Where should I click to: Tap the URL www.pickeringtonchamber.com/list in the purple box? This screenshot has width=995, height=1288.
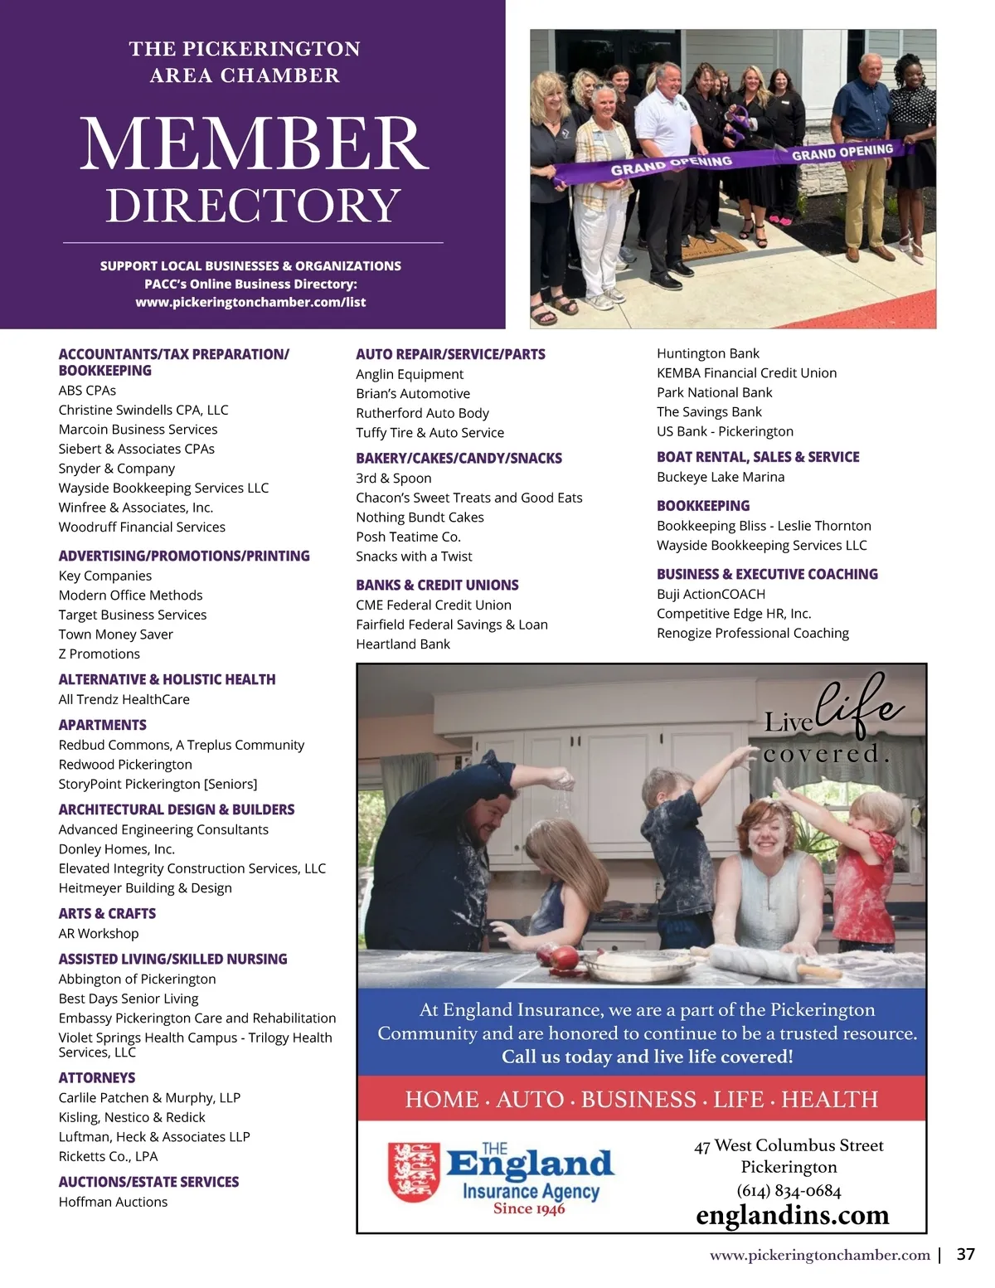[250, 302]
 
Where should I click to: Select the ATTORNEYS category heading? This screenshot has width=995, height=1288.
[97, 1077]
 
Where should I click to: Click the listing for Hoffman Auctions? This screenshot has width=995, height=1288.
[113, 1202]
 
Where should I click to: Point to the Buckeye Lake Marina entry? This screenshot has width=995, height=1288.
[720, 477]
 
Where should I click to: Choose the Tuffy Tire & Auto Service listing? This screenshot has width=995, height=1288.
[430, 432]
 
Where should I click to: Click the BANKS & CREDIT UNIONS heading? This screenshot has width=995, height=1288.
[437, 585]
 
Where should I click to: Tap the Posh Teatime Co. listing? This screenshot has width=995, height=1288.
[408, 537]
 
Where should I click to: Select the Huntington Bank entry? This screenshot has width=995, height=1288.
[707, 353]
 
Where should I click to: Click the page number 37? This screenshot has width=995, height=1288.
[965, 1254]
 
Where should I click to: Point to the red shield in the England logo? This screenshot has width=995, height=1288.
[414, 1172]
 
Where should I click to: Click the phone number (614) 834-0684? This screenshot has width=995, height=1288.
[789, 1191]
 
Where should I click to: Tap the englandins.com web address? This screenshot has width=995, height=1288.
[792, 1216]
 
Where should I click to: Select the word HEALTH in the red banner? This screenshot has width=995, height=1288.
[829, 1099]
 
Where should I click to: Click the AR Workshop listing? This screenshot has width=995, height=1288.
[99, 933]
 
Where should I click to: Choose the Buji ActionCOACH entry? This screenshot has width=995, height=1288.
[711, 594]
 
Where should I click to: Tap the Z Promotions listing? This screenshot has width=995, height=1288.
[99, 654]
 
